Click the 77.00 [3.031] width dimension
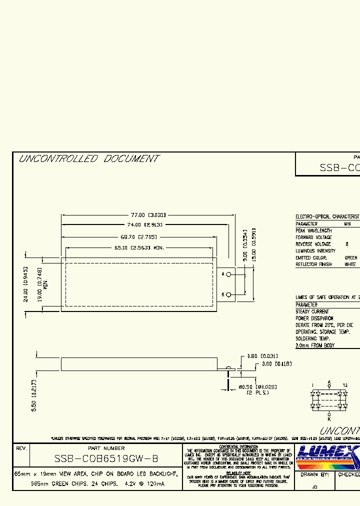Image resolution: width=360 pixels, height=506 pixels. pos(147,214)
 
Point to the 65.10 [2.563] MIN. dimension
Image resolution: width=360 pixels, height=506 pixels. pos(139,247)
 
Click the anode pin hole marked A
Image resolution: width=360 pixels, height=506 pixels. pos(228,274)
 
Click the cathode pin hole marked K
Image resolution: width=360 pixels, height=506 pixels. pos(228,294)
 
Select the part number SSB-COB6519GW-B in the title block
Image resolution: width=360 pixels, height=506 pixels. pos(106,459)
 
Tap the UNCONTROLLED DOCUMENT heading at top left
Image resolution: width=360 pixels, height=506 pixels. pos(88,159)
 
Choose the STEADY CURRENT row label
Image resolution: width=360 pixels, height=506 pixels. pos(312,311)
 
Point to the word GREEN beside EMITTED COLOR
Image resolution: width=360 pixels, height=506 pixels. pos(351,257)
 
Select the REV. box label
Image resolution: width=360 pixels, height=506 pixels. pos(21,448)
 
